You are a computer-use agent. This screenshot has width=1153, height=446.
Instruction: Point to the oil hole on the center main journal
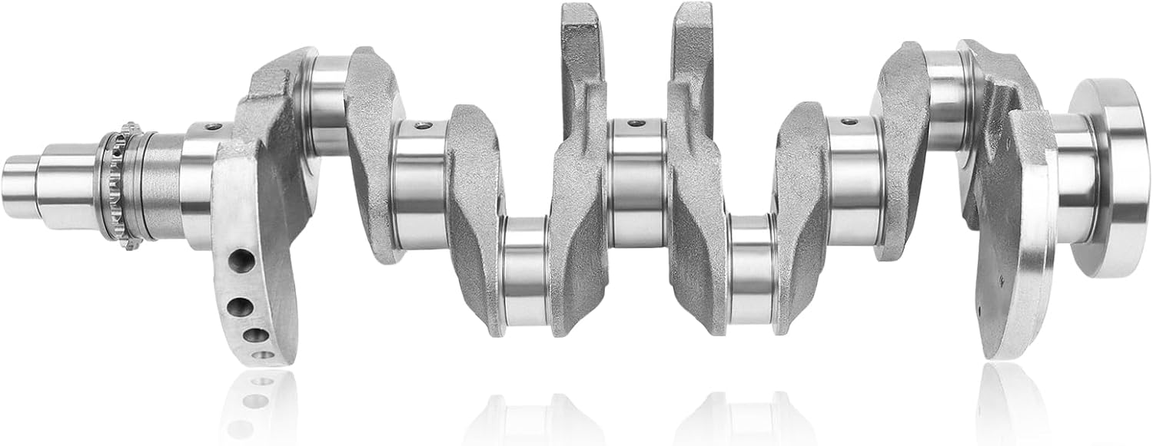636,123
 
